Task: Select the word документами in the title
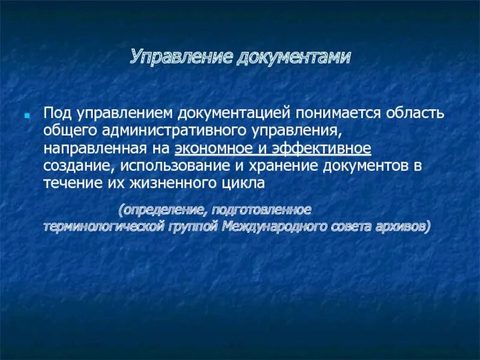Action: [x=294, y=58]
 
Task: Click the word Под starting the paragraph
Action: [x=55, y=113]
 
